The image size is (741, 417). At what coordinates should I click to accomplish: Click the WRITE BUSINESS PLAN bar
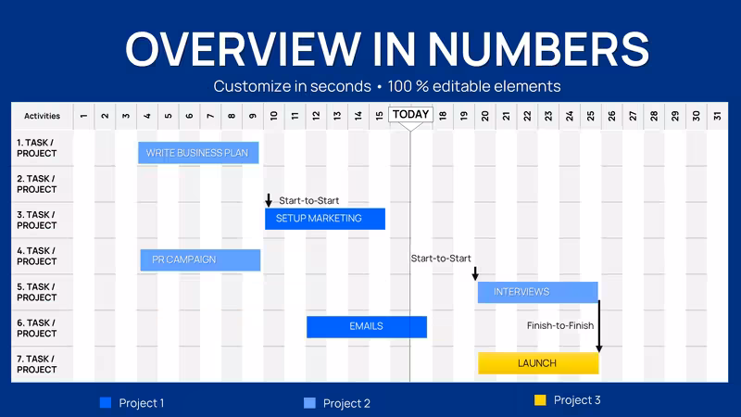198,153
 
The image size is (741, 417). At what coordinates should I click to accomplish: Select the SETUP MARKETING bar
325,219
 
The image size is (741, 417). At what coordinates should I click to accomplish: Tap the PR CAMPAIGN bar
200,260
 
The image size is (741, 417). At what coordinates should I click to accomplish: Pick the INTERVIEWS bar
538,292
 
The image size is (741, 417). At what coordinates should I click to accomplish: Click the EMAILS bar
367,327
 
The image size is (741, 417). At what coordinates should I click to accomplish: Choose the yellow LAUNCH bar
538,363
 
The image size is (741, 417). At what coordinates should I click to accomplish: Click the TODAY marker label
410,114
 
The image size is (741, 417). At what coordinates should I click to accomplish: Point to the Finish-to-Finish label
560,325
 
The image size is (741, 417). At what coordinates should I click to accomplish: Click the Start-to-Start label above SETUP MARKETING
308,200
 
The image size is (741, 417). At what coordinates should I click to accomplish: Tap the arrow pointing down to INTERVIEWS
475,273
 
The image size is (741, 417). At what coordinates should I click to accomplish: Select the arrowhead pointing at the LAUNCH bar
598,349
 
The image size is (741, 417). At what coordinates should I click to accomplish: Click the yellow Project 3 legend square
540,400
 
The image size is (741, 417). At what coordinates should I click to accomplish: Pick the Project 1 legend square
106,402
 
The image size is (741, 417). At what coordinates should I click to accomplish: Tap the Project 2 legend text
346,403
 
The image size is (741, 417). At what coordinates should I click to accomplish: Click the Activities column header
42,116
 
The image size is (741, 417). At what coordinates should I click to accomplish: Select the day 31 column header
717,116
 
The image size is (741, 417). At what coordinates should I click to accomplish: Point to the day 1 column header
83,116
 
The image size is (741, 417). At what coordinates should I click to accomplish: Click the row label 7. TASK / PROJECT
36,364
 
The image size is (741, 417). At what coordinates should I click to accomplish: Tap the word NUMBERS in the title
538,49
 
